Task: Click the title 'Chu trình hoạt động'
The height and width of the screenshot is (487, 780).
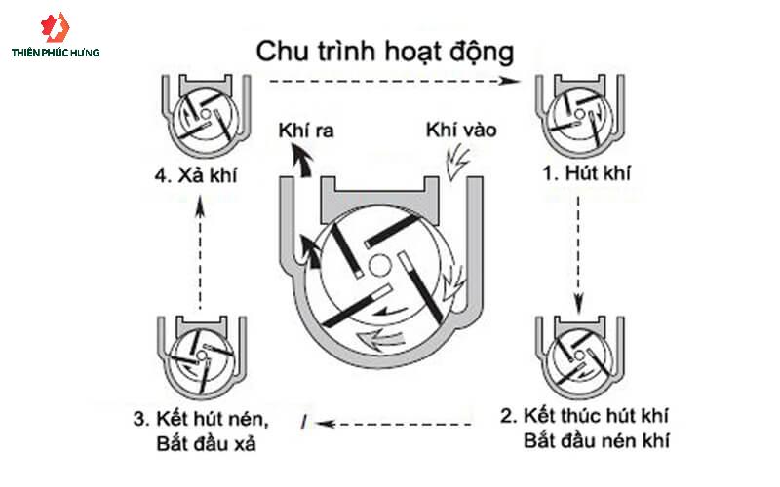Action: tap(384, 53)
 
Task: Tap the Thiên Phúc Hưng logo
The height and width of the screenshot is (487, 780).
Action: tap(56, 36)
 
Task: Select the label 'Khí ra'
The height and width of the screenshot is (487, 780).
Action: tap(306, 131)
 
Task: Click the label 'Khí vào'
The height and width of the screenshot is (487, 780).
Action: tap(461, 131)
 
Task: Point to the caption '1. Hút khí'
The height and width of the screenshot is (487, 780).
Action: tap(587, 173)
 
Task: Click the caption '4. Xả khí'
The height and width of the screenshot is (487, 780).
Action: tap(196, 175)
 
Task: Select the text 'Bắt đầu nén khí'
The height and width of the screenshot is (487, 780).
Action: tap(596, 441)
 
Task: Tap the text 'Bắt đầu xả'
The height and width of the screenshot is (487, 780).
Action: tap(206, 443)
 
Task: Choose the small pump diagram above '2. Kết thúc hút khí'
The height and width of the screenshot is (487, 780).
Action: tap(579, 356)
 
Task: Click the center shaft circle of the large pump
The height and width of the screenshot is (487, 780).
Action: tap(379, 266)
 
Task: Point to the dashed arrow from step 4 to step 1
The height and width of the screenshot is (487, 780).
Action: tap(394, 81)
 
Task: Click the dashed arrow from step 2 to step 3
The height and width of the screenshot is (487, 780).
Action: tap(394, 424)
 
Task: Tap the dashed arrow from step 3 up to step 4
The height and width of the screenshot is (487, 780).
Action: tap(200, 252)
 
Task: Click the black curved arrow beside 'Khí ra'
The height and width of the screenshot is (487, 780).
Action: tap(302, 160)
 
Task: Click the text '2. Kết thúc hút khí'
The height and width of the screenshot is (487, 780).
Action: tap(584, 416)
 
